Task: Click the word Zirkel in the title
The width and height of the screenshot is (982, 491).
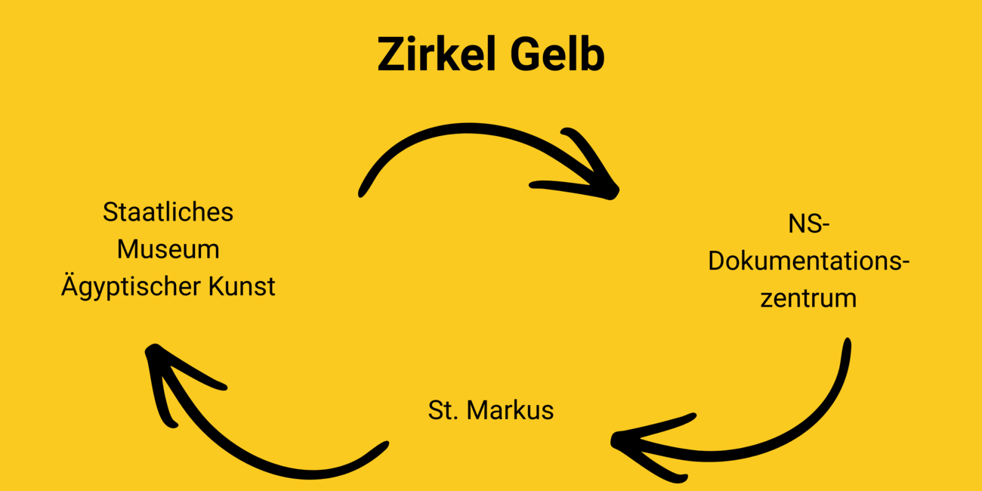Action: pyautogui.click(x=437, y=54)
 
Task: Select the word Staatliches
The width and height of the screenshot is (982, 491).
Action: pyautogui.click(x=168, y=212)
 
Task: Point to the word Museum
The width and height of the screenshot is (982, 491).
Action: pyautogui.click(x=168, y=249)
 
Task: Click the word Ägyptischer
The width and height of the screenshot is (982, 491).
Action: pyautogui.click(x=128, y=287)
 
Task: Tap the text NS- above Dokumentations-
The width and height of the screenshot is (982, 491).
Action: pyautogui.click(x=808, y=225)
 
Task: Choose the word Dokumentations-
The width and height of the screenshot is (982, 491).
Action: pyautogui.click(x=808, y=261)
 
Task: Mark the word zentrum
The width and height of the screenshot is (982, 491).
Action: pyautogui.click(x=808, y=298)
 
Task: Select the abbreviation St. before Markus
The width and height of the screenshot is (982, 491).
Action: pyautogui.click(x=443, y=410)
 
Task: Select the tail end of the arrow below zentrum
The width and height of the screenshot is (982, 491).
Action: pyautogui.click(x=846, y=344)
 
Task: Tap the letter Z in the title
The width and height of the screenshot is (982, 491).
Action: pyautogui.click(x=391, y=54)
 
